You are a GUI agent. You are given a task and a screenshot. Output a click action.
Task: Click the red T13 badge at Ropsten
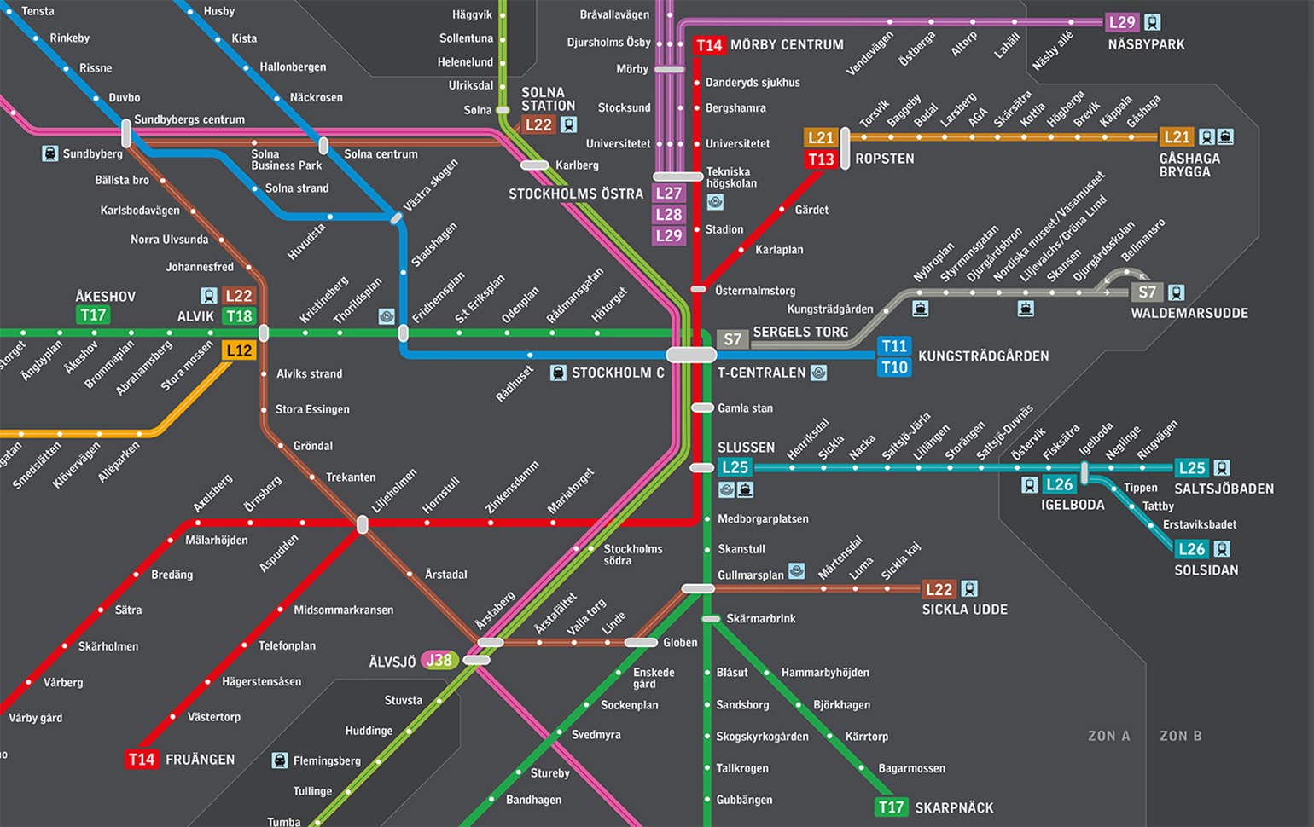point(821,159)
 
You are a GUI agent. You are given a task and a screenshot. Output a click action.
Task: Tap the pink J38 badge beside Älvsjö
point(439,660)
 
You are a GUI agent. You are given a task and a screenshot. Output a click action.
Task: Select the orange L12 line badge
point(239,350)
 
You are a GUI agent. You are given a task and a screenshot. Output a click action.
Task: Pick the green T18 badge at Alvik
point(239,316)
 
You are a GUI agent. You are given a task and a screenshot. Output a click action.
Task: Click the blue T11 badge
point(894,346)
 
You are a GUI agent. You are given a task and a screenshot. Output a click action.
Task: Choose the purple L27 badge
point(669,194)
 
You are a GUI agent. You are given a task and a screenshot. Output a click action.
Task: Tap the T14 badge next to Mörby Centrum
point(709,45)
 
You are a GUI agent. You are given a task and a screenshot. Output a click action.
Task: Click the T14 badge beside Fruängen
point(142,760)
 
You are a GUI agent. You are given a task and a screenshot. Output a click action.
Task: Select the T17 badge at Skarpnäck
point(892,807)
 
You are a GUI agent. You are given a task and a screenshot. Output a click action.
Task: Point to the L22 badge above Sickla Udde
point(939,589)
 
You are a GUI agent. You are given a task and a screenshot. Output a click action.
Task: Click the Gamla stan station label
point(745,408)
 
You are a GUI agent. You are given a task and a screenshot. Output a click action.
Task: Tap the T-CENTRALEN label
point(761,373)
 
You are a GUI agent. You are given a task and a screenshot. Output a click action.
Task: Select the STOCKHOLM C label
point(618,373)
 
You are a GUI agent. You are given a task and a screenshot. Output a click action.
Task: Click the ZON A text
point(1108,736)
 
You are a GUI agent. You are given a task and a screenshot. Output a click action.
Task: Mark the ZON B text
point(1180,736)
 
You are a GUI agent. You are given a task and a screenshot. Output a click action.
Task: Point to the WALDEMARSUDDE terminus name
point(1189,314)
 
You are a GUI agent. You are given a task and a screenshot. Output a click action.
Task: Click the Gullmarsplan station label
point(750,575)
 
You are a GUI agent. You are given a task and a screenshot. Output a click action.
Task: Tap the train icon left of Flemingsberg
point(279,760)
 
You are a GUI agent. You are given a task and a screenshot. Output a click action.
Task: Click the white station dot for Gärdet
point(782,209)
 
